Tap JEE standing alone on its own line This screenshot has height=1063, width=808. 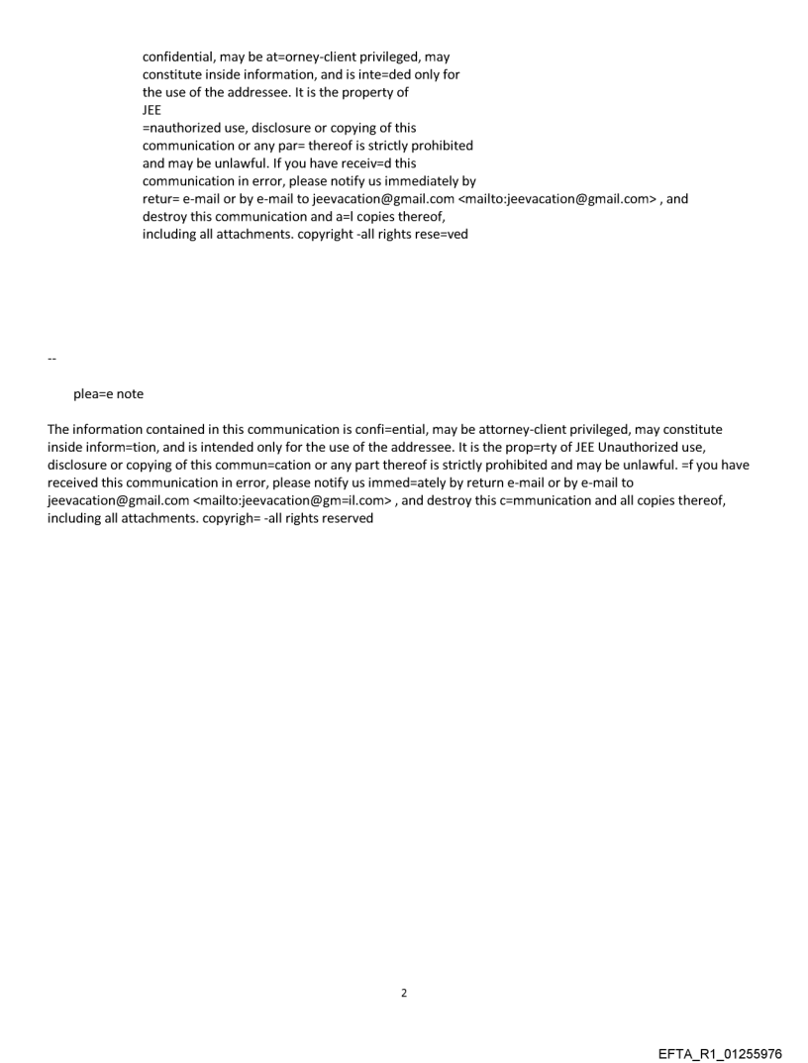152,111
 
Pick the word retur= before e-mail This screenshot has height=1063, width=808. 161,199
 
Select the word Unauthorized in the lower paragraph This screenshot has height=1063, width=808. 662,447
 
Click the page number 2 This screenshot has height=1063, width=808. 403,993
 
